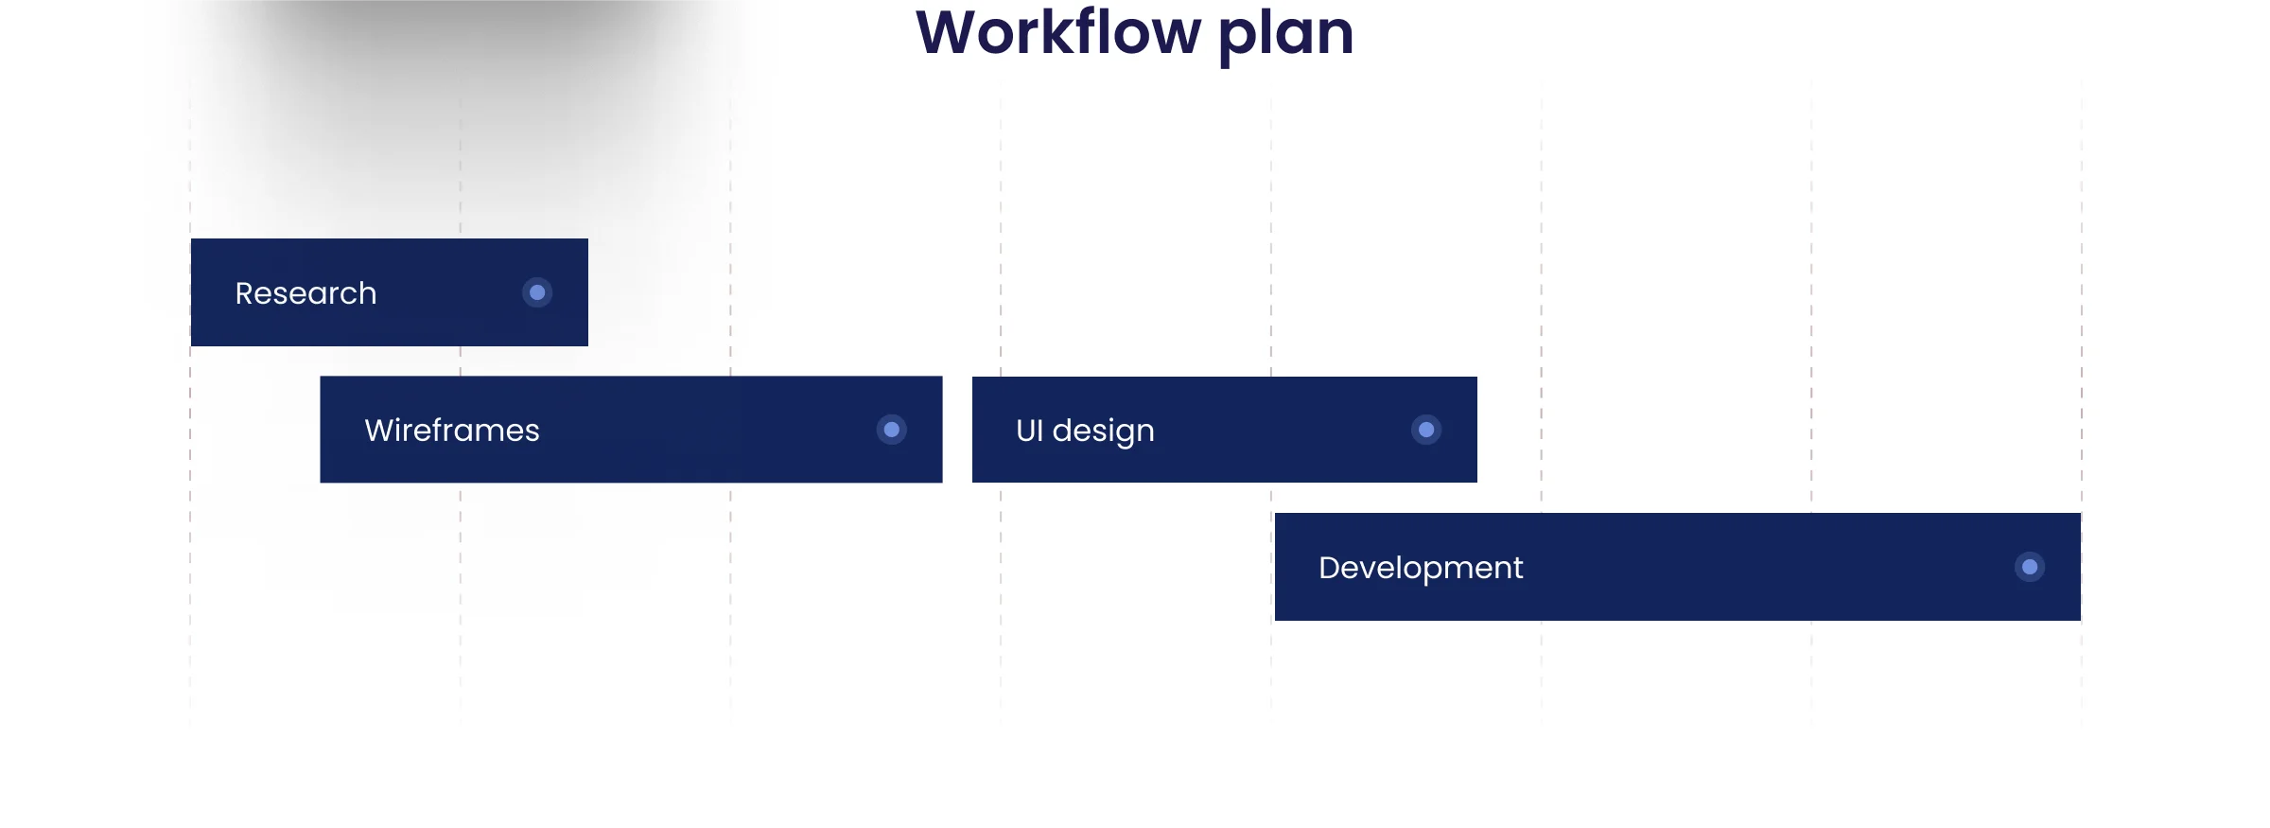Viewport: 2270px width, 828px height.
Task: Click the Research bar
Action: click(390, 292)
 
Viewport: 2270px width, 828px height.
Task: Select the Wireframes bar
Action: click(631, 430)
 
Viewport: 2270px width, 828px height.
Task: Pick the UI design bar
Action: click(1225, 430)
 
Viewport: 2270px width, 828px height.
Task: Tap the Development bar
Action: click(1678, 567)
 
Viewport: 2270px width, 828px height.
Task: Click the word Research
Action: click(306, 293)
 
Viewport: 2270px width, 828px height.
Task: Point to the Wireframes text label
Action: click(452, 431)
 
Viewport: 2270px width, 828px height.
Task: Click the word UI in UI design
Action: click(1029, 431)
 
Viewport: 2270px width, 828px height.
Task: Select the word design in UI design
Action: click(1104, 432)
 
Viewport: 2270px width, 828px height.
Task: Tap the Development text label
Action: click(1421, 569)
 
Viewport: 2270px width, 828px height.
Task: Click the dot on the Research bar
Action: click(537, 292)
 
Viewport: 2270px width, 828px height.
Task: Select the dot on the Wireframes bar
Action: click(892, 430)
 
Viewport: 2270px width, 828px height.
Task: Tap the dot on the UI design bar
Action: click(1426, 430)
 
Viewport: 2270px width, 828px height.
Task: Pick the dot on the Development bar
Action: click(2030, 567)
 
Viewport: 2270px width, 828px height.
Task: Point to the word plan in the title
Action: click(1286, 36)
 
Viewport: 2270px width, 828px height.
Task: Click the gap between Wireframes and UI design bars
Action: click(957, 430)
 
